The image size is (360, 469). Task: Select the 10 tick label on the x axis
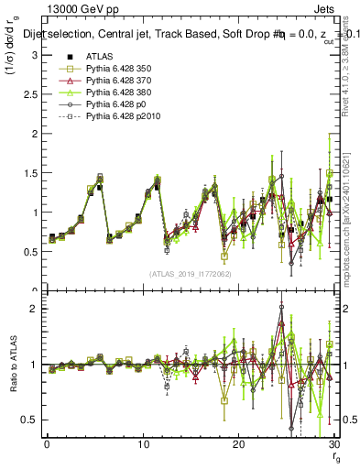[x=143, y=444]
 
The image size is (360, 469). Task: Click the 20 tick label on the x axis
[x=238, y=444]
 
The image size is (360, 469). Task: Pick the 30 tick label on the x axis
[x=333, y=444]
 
